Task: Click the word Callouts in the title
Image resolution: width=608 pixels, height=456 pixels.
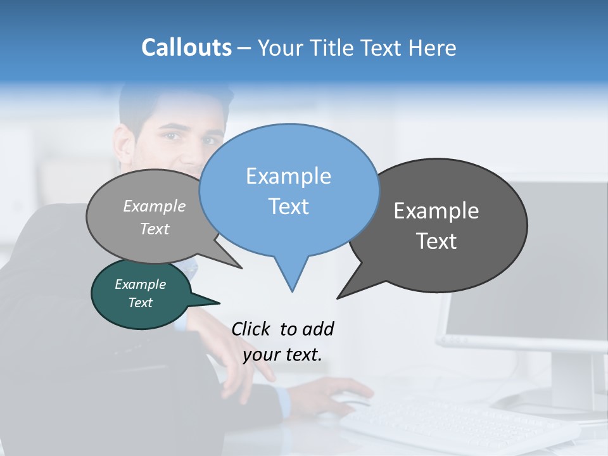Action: tap(186, 47)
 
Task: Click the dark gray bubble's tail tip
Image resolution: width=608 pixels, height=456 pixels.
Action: tap(338, 298)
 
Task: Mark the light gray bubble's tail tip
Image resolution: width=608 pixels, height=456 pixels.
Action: tap(241, 268)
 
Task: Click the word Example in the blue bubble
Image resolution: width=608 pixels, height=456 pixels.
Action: tap(288, 176)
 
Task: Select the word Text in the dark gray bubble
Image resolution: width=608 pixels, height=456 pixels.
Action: tap(436, 241)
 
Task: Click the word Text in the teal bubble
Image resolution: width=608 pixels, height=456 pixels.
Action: tap(140, 303)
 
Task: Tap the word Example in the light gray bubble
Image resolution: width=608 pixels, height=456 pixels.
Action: tap(154, 206)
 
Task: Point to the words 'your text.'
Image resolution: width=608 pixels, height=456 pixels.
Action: tap(282, 355)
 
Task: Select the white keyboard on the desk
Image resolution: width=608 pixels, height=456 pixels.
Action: tap(456, 424)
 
